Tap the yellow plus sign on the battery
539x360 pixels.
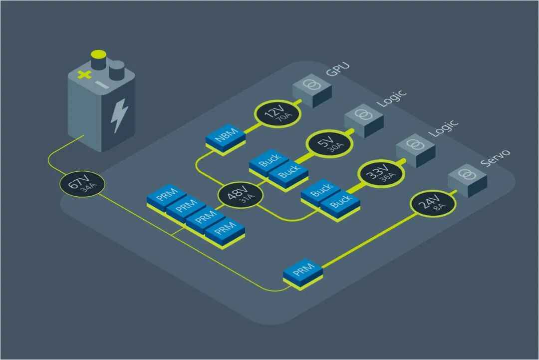click(85, 75)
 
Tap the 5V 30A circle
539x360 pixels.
click(328, 144)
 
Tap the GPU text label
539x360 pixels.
click(338, 70)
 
